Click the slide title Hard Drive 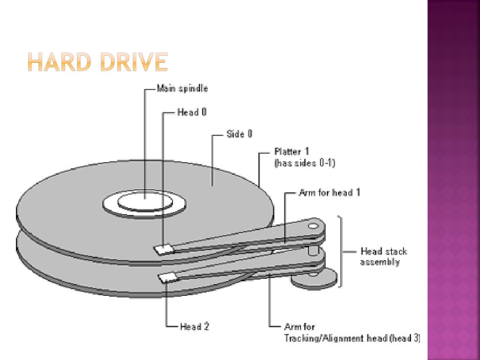point(97,62)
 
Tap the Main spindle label point(182,88)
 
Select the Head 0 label point(192,112)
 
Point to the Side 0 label point(240,134)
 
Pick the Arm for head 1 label point(329,192)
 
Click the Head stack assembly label point(383,256)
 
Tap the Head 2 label point(195,327)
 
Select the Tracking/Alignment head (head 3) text point(352,338)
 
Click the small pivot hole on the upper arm point(313,225)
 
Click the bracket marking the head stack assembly point(342,251)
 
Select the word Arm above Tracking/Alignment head point(292,327)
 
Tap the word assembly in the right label point(380,262)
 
